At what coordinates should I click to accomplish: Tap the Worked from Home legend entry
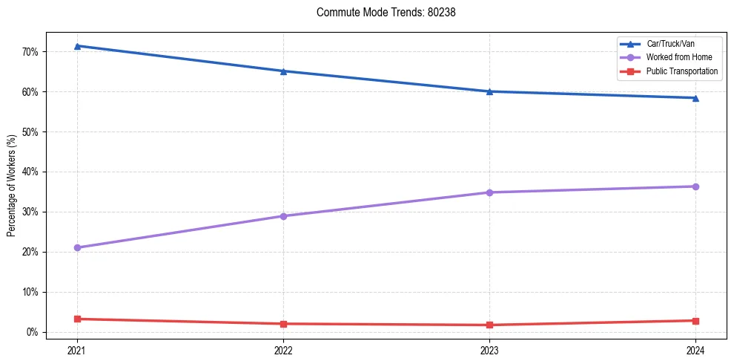pyautogui.click(x=675, y=57)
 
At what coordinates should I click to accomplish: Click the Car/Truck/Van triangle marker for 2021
pyautogui.click(x=77, y=46)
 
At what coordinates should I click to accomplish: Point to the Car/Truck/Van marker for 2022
pyautogui.click(x=283, y=71)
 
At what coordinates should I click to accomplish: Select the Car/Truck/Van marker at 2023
pyautogui.click(x=489, y=91)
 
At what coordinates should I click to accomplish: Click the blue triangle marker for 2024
pyautogui.click(x=695, y=98)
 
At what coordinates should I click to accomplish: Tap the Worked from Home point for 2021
pyautogui.click(x=77, y=247)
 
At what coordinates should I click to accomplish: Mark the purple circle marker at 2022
pyautogui.click(x=283, y=216)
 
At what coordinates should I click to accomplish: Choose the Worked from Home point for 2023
pyautogui.click(x=489, y=192)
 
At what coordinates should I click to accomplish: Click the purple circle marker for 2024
pyautogui.click(x=695, y=186)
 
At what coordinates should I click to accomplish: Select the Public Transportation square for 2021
pyautogui.click(x=77, y=319)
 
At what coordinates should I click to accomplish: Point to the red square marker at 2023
pyautogui.click(x=489, y=325)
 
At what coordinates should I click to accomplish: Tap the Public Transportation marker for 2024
pyautogui.click(x=695, y=321)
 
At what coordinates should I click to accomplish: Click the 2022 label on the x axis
pyautogui.click(x=283, y=350)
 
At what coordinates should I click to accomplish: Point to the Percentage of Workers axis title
pyautogui.click(x=12, y=186)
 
